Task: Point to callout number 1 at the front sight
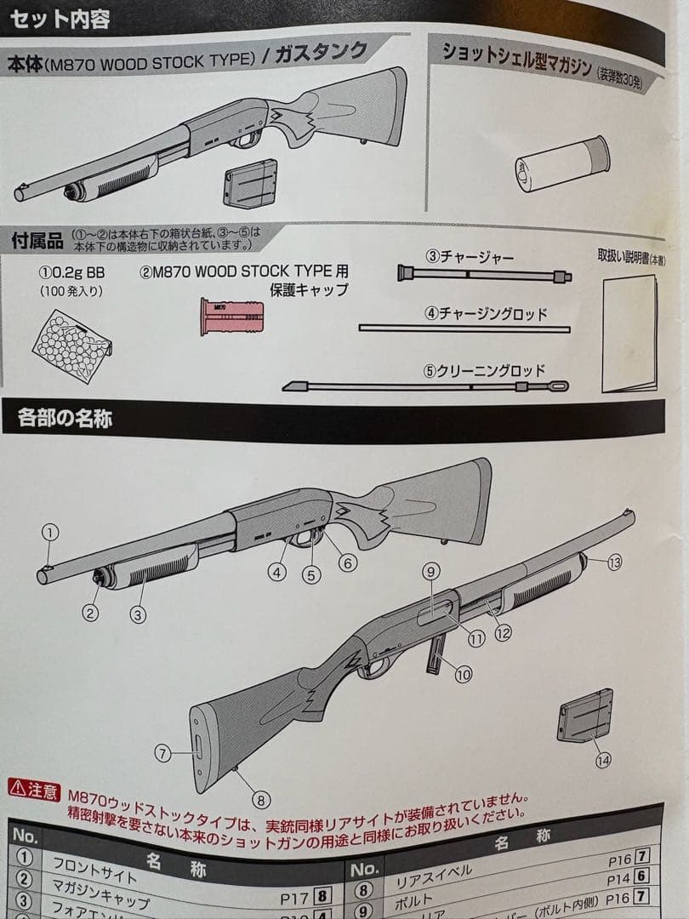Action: point(50,534)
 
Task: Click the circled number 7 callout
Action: point(163,752)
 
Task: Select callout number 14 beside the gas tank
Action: point(603,761)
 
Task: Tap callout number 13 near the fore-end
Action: point(614,561)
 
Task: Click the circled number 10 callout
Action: point(463,675)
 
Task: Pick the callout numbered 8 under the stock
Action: point(261,800)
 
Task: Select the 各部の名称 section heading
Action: point(65,419)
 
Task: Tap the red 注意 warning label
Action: point(35,791)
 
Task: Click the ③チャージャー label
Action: point(469,256)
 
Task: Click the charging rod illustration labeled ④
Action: point(464,327)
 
